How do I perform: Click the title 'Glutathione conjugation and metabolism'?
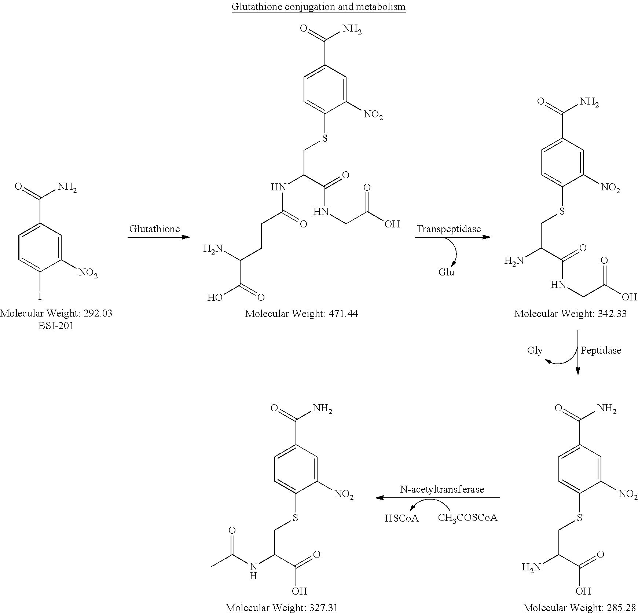point(319,7)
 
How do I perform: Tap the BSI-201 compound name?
point(56,326)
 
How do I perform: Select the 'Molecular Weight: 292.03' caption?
point(56,313)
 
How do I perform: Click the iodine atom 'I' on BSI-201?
point(40,296)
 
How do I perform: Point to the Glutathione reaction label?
point(155,229)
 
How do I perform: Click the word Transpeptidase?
point(449,229)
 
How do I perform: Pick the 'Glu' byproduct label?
point(446,272)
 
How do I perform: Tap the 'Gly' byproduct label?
point(535,350)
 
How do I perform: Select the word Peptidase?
point(601,350)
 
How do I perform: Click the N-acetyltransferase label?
point(442,489)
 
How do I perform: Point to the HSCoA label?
point(401,518)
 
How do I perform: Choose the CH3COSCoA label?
point(467,518)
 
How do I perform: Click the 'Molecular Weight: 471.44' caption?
point(301,314)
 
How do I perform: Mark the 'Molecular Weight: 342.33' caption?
point(571,314)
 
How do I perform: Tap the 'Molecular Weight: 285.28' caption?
point(580,608)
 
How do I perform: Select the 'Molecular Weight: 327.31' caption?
point(282,608)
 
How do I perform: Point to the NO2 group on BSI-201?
point(88,273)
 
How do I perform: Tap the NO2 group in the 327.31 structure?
point(344,494)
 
